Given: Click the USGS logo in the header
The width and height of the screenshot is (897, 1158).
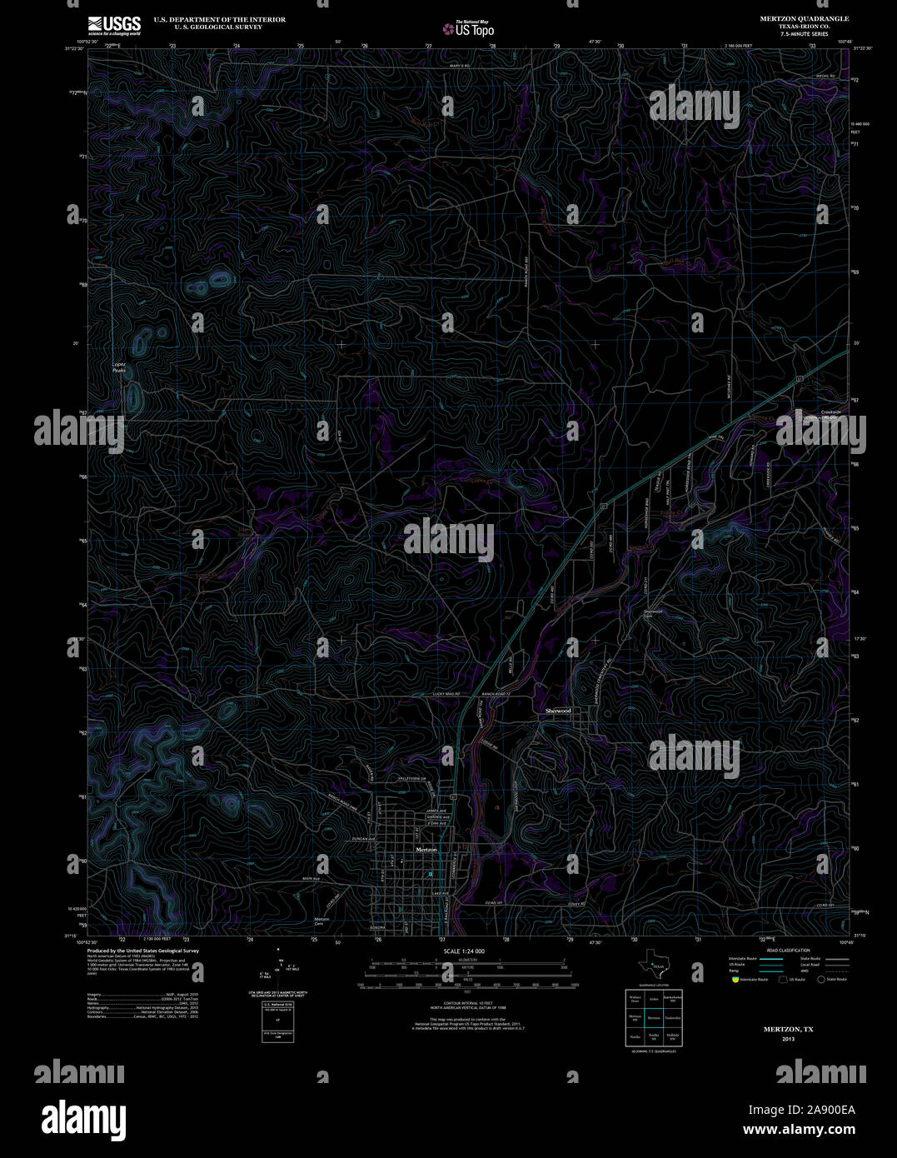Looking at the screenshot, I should point(114,26).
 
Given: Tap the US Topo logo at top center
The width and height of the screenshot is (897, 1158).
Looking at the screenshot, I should point(468,28).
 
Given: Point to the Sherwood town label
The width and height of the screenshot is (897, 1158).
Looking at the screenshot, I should point(558,711).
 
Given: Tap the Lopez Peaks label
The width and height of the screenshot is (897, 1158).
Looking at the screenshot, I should point(119,367).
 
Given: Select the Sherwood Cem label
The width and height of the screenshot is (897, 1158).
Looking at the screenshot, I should point(652,614).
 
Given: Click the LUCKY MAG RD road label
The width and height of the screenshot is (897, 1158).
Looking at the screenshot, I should point(448,693).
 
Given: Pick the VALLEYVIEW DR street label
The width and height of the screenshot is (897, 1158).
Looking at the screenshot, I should point(411,778).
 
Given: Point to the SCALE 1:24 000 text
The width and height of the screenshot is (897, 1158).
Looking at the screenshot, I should point(464,951).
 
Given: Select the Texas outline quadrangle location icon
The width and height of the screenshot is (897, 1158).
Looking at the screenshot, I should point(650,966).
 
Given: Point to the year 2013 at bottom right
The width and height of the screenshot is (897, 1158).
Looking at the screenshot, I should point(788,1039).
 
